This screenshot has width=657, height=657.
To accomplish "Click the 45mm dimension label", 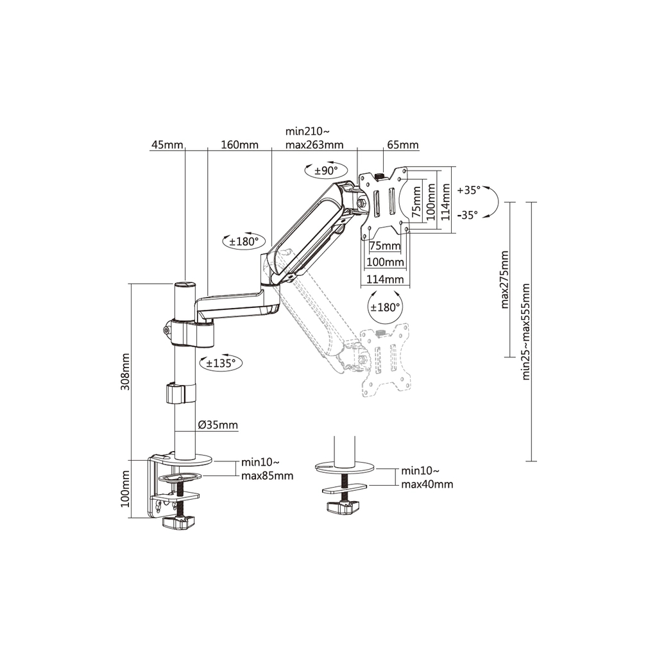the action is pos(167,145).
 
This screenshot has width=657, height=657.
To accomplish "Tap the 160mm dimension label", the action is pos(240,145).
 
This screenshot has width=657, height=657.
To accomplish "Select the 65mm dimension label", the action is pos(403,145).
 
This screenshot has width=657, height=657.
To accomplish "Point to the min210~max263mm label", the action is pos(314,139).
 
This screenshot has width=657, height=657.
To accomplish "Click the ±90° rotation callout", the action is pos(327,170).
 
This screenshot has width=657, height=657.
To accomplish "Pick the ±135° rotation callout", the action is pos(221,363).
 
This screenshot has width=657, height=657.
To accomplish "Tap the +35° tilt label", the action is pos(468,190).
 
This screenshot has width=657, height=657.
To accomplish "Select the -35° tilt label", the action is pos(468,215).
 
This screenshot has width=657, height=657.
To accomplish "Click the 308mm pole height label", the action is pos(125,371).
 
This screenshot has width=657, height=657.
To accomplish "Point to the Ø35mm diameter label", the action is pos(218,425).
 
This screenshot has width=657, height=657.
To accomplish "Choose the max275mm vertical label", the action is pos(504,280).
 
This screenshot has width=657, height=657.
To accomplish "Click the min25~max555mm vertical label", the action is pos(526,332).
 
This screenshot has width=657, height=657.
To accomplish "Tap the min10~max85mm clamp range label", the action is pos(267,469).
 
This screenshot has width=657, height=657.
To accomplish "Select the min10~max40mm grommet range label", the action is pos(427,477).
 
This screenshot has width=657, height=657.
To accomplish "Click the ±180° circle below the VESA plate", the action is pos(385,307).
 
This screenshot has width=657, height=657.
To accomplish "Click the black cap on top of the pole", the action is pos(185,284).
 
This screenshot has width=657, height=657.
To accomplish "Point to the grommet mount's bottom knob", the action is pos(344,508).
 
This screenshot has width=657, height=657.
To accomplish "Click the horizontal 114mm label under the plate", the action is pos(385,279).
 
